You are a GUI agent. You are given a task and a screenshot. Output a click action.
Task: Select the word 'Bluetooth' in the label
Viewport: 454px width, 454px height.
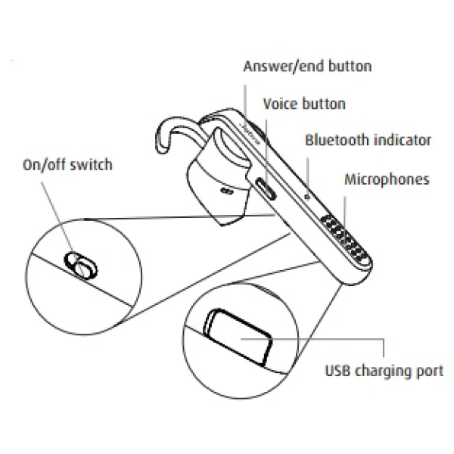(x=337, y=140)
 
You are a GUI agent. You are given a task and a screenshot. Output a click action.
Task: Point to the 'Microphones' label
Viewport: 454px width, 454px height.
(x=387, y=180)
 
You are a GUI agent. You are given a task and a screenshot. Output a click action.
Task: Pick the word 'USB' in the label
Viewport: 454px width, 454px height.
(x=337, y=371)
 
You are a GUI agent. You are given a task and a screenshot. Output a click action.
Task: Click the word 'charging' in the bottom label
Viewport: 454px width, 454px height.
(x=383, y=372)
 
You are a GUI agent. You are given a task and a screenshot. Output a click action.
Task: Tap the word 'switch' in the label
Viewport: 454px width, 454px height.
(x=92, y=165)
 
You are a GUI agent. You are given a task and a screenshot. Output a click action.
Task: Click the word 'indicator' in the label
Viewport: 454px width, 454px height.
(x=403, y=140)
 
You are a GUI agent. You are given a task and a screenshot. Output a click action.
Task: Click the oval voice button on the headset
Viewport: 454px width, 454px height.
(x=266, y=188)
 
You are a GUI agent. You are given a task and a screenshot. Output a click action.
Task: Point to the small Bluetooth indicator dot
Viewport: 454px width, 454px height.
(x=307, y=197)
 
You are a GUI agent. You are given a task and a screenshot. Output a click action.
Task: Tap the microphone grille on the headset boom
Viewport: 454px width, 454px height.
(x=344, y=238)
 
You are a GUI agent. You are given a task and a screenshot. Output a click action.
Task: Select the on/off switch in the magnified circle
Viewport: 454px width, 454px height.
(x=81, y=266)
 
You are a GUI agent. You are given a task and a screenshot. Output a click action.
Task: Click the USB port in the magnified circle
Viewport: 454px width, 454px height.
(x=238, y=337)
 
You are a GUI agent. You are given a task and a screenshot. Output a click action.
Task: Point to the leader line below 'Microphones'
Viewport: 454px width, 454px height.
(x=345, y=212)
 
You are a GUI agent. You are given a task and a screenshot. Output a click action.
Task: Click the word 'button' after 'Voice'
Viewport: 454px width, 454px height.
(x=324, y=104)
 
